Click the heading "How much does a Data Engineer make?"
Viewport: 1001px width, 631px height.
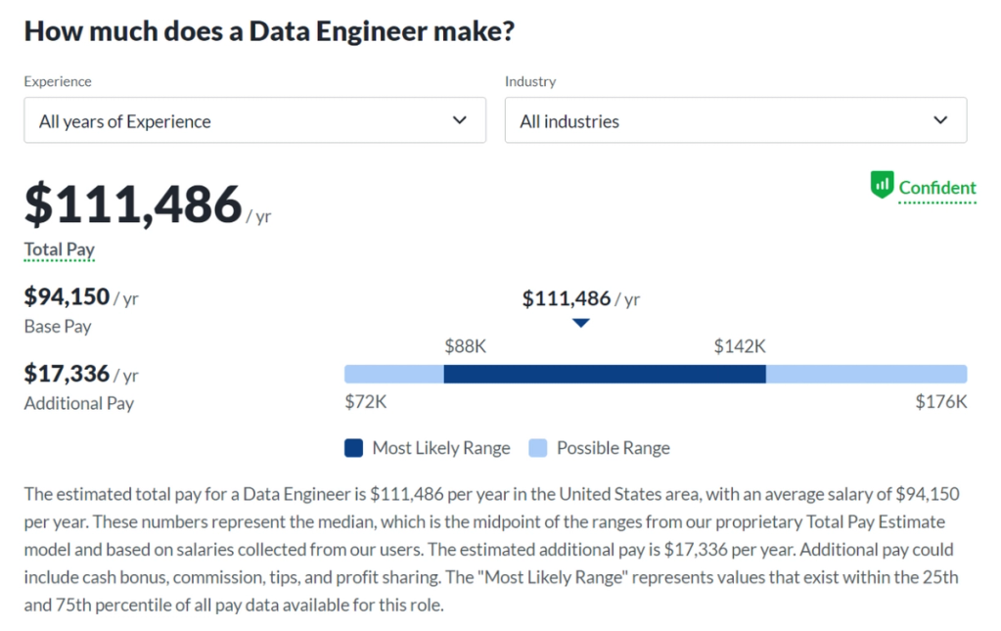[x=269, y=31]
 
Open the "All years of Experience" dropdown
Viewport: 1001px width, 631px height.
[x=254, y=120]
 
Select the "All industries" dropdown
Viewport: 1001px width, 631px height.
[x=735, y=120]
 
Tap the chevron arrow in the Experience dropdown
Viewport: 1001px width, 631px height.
[x=460, y=120]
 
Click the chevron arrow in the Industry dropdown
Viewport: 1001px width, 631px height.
[x=940, y=120]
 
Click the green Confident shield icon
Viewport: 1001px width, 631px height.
[x=882, y=184]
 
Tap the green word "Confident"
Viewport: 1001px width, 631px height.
[x=937, y=188]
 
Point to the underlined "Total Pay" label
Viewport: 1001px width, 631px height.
[x=60, y=249]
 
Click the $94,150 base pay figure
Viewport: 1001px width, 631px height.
[x=67, y=296]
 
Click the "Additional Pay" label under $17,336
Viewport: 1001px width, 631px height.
[x=78, y=403]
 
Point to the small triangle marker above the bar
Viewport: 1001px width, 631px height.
[x=580, y=323]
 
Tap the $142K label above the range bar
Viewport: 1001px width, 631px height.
[x=739, y=346]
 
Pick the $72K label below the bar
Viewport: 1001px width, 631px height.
[x=366, y=401]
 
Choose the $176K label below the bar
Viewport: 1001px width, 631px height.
[x=940, y=401]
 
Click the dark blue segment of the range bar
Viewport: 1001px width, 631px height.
[x=604, y=374]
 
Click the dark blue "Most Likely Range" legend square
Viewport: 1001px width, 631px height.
[x=353, y=448]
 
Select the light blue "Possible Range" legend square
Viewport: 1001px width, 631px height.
[x=537, y=448]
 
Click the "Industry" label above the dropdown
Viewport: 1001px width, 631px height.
[x=530, y=81]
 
